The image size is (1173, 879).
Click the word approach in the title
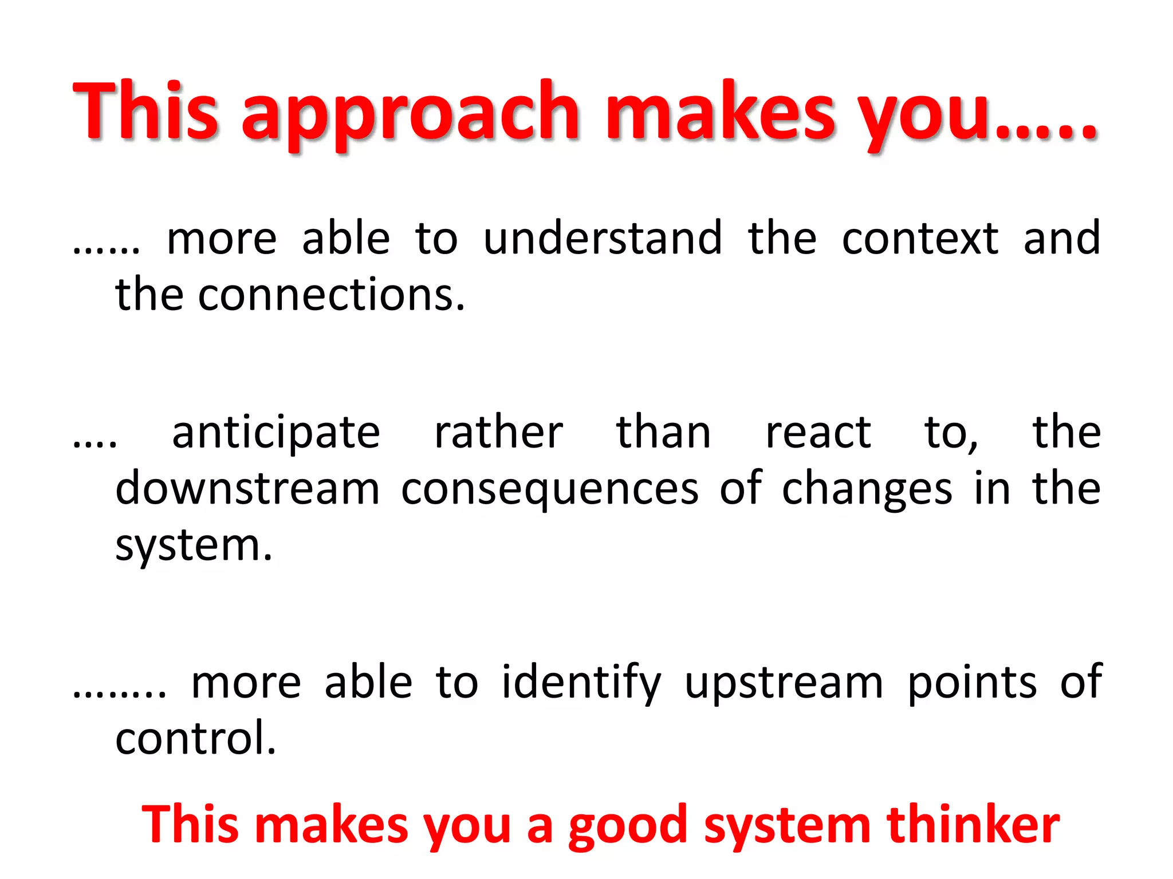pyautogui.click(x=411, y=114)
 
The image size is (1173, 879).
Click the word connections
pyautogui.click(x=331, y=295)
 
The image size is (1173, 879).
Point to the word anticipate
pyautogui.click(x=276, y=433)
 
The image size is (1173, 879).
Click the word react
pyautogui.click(x=818, y=433)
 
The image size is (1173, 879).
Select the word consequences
pyautogui.click(x=549, y=489)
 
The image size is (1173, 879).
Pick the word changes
pyautogui.click(x=867, y=489)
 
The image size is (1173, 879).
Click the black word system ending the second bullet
pyautogui.click(x=193, y=545)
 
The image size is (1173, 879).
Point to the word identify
pyautogui.click(x=581, y=683)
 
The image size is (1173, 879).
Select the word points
pyautogui.click(x=972, y=683)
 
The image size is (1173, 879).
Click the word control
pyautogui.click(x=195, y=739)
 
